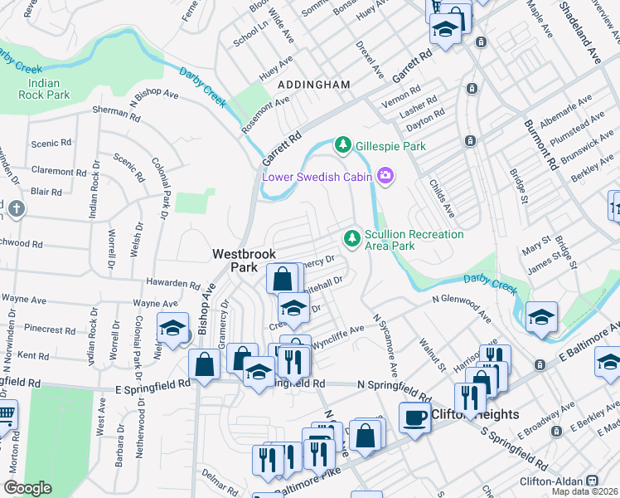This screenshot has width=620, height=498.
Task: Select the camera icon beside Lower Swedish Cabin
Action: pyautogui.click(x=385, y=175)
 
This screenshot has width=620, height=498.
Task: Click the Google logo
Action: pyautogui.click(x=27, y=488)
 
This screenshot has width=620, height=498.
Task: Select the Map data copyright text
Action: pyautogui.click(x=585, y=491)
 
